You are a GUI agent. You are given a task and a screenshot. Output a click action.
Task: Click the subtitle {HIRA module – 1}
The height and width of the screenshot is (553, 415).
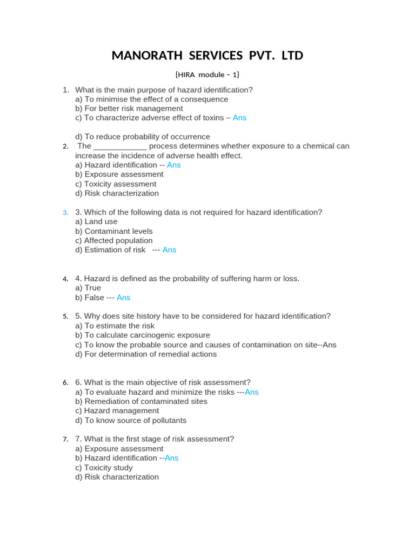coord(207,74)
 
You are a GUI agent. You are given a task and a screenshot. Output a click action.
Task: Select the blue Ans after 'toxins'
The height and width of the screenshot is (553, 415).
coord(239,118)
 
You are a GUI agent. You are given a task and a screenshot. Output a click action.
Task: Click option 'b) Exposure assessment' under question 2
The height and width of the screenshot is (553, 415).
coord(119,174)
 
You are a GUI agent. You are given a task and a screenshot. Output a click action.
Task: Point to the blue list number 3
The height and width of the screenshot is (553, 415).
coord(65,213)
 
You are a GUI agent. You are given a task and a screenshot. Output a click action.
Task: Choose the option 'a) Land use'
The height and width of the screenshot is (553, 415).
coord(96,221)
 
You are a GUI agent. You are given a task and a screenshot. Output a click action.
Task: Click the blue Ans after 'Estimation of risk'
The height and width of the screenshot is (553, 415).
coord(169,250)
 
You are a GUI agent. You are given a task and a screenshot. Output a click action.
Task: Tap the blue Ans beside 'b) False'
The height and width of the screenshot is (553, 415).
coord(123,298)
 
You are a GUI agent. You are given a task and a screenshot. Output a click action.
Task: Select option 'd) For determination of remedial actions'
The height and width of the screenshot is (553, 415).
coord(146,354)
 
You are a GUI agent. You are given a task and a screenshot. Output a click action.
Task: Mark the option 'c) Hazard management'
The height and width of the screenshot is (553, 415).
coord(117,411)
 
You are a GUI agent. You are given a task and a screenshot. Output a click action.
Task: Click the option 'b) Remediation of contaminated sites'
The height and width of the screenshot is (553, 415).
coord(141,401)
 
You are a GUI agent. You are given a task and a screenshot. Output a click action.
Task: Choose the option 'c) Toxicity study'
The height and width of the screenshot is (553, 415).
coord(104,468)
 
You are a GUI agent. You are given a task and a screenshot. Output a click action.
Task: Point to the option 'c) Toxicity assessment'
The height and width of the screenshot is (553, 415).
coord(116,184)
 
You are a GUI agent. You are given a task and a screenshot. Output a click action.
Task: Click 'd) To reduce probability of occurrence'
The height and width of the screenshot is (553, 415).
coord(143,137)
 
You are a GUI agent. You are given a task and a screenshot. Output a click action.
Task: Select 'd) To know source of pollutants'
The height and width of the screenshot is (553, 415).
coord(131,420)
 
